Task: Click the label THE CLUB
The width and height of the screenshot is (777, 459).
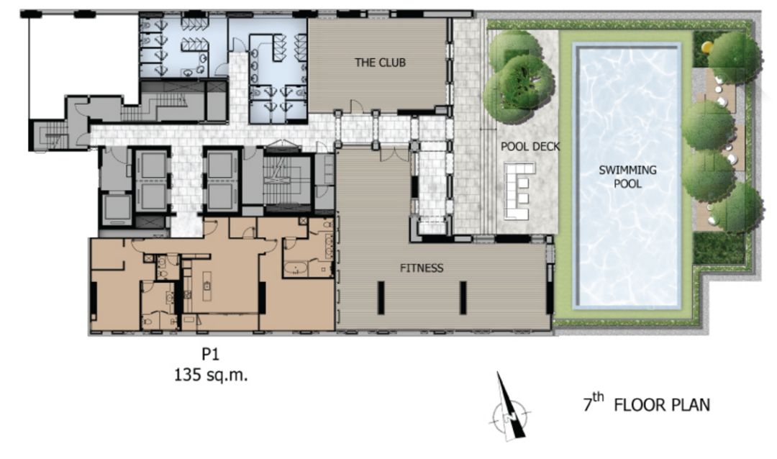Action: (x=380, y=63)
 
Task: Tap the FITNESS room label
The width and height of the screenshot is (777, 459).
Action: (x=422, y=268)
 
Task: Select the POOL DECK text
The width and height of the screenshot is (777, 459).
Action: (x=530, y=147)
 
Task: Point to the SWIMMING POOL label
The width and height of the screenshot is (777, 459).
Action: (x=628, y=176)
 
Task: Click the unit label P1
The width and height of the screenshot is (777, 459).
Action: (x=210, y=354)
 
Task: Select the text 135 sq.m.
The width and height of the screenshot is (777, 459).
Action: (x=211, y=375)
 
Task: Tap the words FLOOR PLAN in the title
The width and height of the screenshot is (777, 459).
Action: (x=662, y=405)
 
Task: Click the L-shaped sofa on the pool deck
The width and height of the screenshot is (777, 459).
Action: (x=519, y=191)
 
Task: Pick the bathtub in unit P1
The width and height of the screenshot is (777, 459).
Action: (x=296, y=269)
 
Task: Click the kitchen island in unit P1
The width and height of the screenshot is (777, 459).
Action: (x=206, y=286)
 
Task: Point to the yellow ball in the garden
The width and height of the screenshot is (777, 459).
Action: (x=707, y=47)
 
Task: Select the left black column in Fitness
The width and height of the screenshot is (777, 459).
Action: (x=381, y=297)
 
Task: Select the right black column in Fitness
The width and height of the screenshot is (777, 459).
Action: (x=463, y=297)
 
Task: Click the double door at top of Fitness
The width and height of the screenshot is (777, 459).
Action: (x=394, y=154)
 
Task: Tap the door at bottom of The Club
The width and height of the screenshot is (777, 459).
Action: (x=357, y=106)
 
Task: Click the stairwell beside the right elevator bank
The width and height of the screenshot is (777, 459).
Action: (x=287, y=181)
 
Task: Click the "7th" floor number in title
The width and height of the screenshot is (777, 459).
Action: (x=594, y=402)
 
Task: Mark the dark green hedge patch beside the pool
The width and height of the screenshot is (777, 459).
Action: (x=719, y=247)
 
